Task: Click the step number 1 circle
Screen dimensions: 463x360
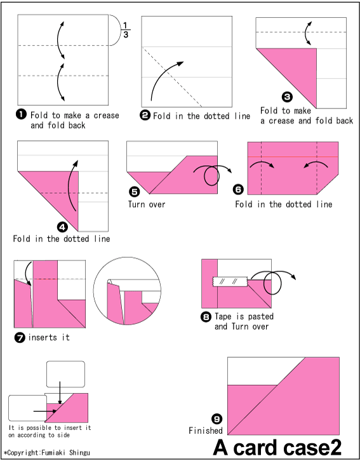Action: tap(21, 114)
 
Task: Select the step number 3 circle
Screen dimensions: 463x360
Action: tap(287, 97)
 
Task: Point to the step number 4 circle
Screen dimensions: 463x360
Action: tap(62, 227)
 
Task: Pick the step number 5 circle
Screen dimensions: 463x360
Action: tap(133, 191)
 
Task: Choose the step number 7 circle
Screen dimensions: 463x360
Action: tap(20, 337)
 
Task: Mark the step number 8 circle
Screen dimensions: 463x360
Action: tap(206, 316)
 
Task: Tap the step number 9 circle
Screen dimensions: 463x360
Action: tap(217, 419)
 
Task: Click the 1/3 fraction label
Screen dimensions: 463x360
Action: tap(125, 29)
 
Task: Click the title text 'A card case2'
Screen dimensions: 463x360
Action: tap(277, 447)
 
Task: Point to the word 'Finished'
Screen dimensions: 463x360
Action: tap(205, 431)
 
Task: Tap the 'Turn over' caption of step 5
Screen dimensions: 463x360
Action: tap(147, 205)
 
